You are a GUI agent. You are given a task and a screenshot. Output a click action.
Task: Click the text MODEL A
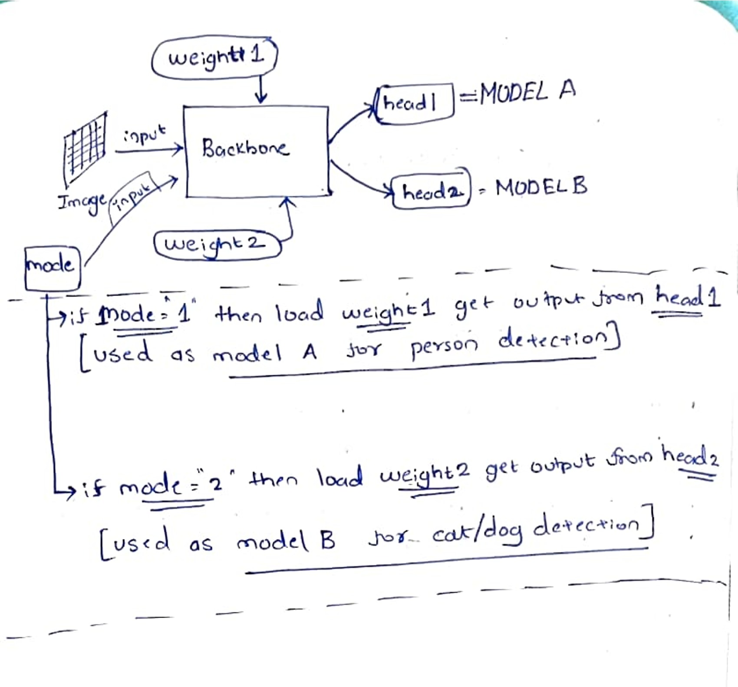(528, 92)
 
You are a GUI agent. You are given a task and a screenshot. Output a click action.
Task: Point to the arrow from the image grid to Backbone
(149, 150)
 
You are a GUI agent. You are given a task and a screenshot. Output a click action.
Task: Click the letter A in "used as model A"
(310, 352)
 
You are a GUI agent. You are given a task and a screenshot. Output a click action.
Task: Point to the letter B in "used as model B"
(328, 541)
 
